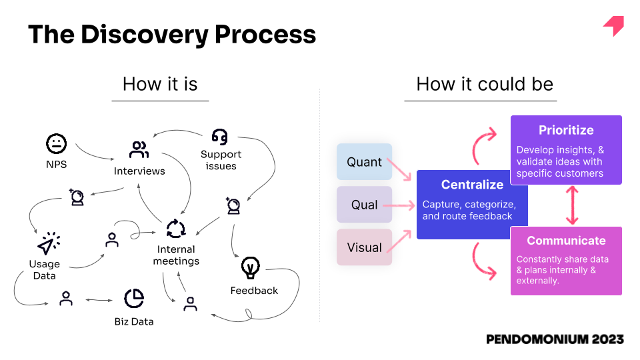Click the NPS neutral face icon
click(x=56, y=144)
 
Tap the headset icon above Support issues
click(x=220, y=137)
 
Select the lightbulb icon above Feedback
click(x=250, y=267)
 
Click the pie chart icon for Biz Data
click(x=134, y=299)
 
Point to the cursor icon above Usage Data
click(x=49, y=243)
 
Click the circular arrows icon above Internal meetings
click(x=176, y=229)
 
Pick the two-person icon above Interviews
click(x=139, y=149)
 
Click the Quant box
click(x=364, y=161)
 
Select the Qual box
click(x=364, y=205)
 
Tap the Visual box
click(x=364, y=247)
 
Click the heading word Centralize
click(x=472, y=185)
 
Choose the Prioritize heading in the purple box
click(x=566, y=130)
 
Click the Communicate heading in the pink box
click(x=566, y=241)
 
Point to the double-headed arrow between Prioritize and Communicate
click(x=572, y=205)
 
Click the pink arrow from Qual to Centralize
click(x=399, y=205)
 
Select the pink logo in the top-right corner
click(x=614, y=25)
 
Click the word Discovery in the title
click(x=145, y=35)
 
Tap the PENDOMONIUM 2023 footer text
click(x=555, y=339)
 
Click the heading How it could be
click(x=485, y=84)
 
